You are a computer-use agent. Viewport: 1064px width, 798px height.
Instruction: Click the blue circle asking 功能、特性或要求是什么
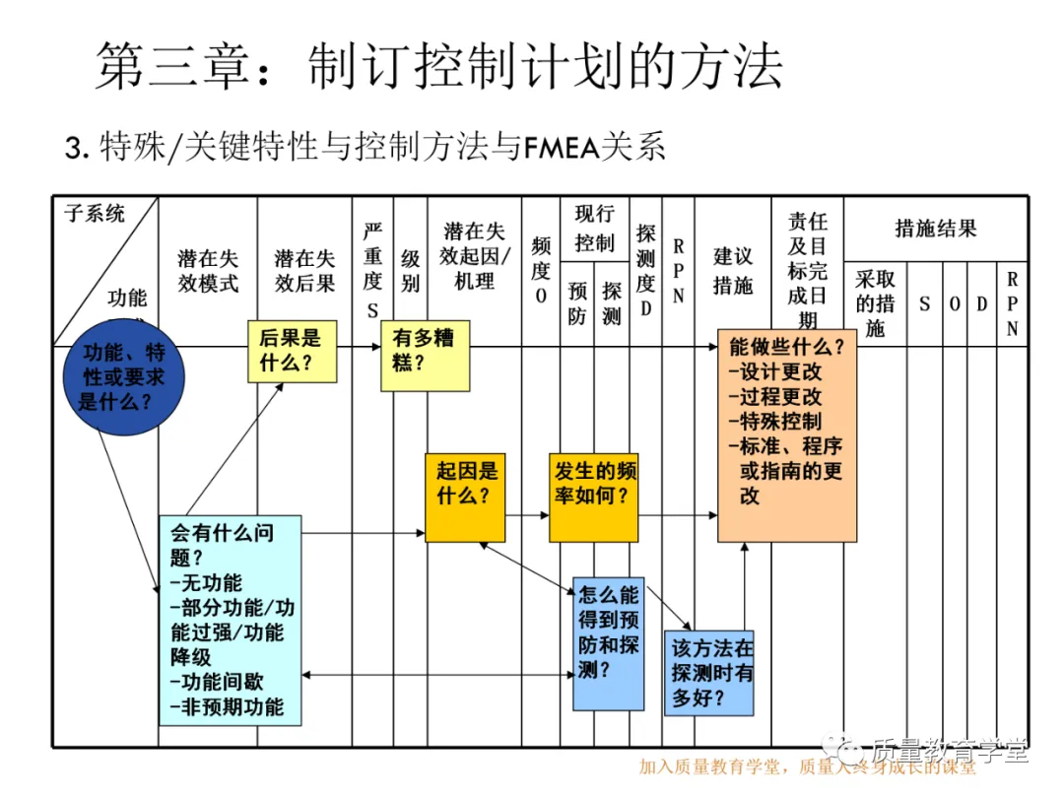coord(122,377)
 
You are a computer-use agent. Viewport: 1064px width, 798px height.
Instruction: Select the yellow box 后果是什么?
coord(291,351)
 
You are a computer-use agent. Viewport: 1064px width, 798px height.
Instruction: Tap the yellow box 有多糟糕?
coord(425,355)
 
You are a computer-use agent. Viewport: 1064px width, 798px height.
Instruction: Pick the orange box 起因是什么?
coord(465,498)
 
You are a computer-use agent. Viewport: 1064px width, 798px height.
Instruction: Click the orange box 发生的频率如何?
coord(593,498)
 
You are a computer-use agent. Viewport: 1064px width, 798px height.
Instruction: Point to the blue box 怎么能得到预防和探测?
coord(609,643)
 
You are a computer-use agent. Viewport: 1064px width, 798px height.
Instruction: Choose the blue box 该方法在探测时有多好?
coord(708,673)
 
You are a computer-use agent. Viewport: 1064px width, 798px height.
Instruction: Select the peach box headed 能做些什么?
coord(786,434)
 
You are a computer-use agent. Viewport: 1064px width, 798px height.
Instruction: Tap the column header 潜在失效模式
coord(208,271)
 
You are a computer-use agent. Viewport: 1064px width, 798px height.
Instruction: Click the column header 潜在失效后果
coord(304,271)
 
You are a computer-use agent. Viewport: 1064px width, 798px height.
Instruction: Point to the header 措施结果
coord(935,229)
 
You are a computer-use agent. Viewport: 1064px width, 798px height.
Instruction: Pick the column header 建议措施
coord(732,271)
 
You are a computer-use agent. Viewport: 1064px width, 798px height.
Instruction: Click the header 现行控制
coord(594,229)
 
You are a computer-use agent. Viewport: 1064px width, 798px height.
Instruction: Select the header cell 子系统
coord(95,213)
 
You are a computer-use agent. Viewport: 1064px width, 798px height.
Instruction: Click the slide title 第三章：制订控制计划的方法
coord(438,67)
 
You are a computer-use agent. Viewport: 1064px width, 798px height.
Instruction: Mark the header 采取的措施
coord(875,303)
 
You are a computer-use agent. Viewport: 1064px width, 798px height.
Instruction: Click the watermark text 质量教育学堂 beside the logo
coord(949,751)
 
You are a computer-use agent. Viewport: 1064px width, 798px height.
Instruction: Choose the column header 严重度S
coord(371,271)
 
